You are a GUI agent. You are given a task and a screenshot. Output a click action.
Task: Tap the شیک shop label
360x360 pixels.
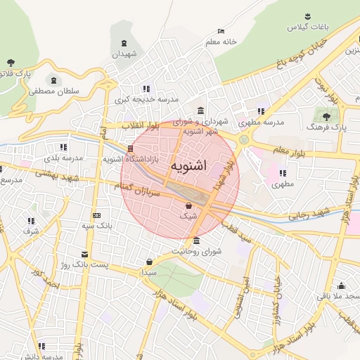tap(188, 217)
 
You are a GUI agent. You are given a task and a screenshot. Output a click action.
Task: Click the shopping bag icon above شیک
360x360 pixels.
tap(188, 205)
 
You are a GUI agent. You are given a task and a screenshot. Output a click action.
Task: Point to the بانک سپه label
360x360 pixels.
tap(96, 226)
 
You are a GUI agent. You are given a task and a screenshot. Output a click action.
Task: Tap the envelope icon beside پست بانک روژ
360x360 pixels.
tap(85, 255)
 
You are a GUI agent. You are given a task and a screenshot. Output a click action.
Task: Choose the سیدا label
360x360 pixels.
tap(148, 271)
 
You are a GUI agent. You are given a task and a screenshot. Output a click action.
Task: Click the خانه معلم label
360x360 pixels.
tap(221, 41)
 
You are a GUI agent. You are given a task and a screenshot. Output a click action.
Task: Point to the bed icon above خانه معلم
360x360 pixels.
tap(221, 31)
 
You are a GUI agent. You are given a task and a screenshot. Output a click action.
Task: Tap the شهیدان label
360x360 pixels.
tap(124, 54)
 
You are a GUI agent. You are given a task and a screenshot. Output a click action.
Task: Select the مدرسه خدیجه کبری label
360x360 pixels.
tap(146, 100)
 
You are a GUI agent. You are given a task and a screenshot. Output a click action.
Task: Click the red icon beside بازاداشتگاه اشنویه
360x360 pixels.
tap(130, 148)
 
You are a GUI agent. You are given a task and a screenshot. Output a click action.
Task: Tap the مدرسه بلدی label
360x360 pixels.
tap(63, 157)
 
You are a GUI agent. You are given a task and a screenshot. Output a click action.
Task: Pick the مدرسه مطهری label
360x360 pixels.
tap(264, 122)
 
